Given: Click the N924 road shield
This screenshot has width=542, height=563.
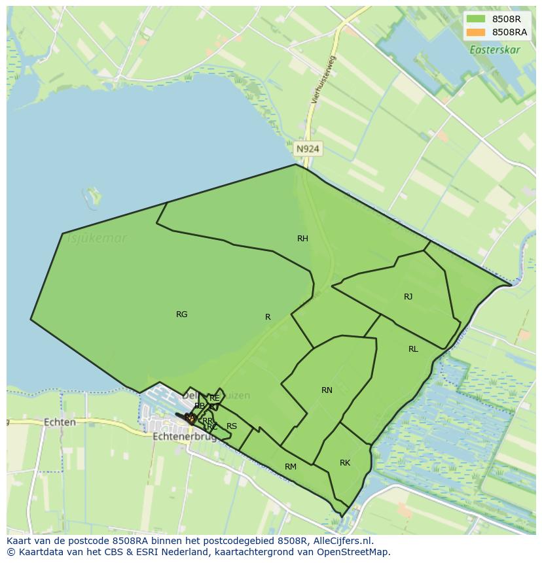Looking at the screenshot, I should (x=308, y=149).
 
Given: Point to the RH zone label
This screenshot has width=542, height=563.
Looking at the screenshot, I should (x=302, y=239).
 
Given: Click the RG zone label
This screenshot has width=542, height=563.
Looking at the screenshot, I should (x=182, y=315).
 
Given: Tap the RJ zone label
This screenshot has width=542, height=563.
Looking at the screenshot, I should (x=408, y=297).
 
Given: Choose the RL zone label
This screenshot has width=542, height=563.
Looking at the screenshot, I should (x=413, y=349).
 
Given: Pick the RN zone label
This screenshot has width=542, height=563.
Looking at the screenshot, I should (x=327, y=390).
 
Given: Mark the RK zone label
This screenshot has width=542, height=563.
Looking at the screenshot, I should (x=345, y=463).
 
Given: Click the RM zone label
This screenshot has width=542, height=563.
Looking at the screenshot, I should (x=291, y=467).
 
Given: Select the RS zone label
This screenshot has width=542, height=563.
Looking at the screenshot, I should (x=232, y=426).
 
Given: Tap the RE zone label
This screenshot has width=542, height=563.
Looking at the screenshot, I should (x=214, y=398).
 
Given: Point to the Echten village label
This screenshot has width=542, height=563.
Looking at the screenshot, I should (x=60, y=422).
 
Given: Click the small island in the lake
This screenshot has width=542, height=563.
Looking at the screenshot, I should (x=94, y=195).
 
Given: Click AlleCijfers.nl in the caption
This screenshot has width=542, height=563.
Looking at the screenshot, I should (x=340, y=541).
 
